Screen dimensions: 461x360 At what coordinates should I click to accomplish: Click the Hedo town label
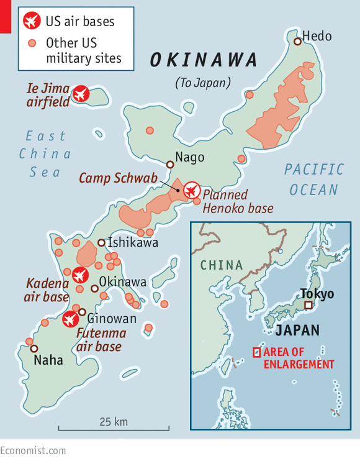tap(317, 36)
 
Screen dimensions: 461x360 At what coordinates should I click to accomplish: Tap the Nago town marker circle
tap(170, 165)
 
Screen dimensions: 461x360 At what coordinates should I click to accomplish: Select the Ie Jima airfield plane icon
tap(80, 94)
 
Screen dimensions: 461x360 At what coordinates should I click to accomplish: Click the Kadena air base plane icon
tap(79, 274)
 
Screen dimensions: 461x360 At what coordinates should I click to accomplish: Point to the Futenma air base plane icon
tap(70, 319)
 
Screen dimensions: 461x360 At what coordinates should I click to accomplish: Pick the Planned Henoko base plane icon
tap(192, 189)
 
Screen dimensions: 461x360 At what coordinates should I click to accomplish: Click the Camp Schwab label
tap(118, 178)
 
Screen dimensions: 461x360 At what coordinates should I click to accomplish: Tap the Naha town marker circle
tap(34, 349)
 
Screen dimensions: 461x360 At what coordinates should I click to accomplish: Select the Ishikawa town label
tap(133, 242)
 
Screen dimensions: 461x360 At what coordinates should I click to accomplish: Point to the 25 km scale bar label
tap(114, 421)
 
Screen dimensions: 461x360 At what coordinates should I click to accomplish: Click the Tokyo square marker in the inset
tap(308, 306)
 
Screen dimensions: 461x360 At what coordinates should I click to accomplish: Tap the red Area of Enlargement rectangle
tap(256, 352)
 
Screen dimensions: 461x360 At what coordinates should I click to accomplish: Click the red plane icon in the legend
tap(30, 22)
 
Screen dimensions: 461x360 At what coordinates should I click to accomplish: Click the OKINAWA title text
tap(204, 60)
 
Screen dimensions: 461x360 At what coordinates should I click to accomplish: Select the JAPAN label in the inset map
tap(298, 330)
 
